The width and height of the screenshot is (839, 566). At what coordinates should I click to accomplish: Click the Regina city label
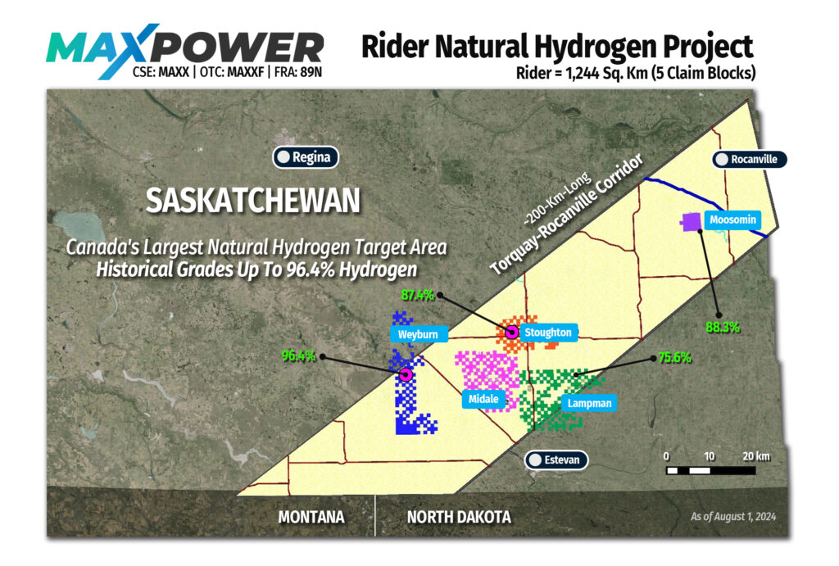pos(306,156)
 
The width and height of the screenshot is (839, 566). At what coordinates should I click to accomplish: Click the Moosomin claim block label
pos(732,220)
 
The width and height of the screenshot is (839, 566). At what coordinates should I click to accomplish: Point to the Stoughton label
pos(546,333)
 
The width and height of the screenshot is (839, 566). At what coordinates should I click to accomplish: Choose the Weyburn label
pos(419,334)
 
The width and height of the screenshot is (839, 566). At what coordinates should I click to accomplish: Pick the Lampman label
pos(587,403)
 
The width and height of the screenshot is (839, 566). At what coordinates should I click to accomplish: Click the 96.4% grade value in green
pos(299,355)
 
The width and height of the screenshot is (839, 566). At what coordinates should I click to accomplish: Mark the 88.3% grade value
pos(723,327)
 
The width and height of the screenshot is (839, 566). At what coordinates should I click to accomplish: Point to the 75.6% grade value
pos(674,357)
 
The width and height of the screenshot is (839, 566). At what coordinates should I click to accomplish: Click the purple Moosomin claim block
pos(692,221)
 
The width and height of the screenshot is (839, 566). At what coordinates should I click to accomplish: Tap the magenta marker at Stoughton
pos(512,332)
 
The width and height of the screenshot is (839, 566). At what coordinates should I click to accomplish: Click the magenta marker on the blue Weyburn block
pos(405,374)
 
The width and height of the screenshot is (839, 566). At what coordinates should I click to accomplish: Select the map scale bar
pos(710,469)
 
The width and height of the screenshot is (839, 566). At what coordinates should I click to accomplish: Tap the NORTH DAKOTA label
pos(459,518)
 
